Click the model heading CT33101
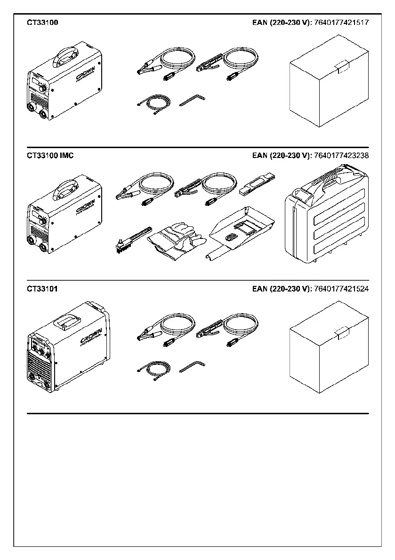click(x=42, y=289)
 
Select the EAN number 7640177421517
click(x=341, y=22)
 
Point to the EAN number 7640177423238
click(x=341, y=155)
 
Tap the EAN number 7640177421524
click(x=341, y=289)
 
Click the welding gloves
click(x=177, y=240)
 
